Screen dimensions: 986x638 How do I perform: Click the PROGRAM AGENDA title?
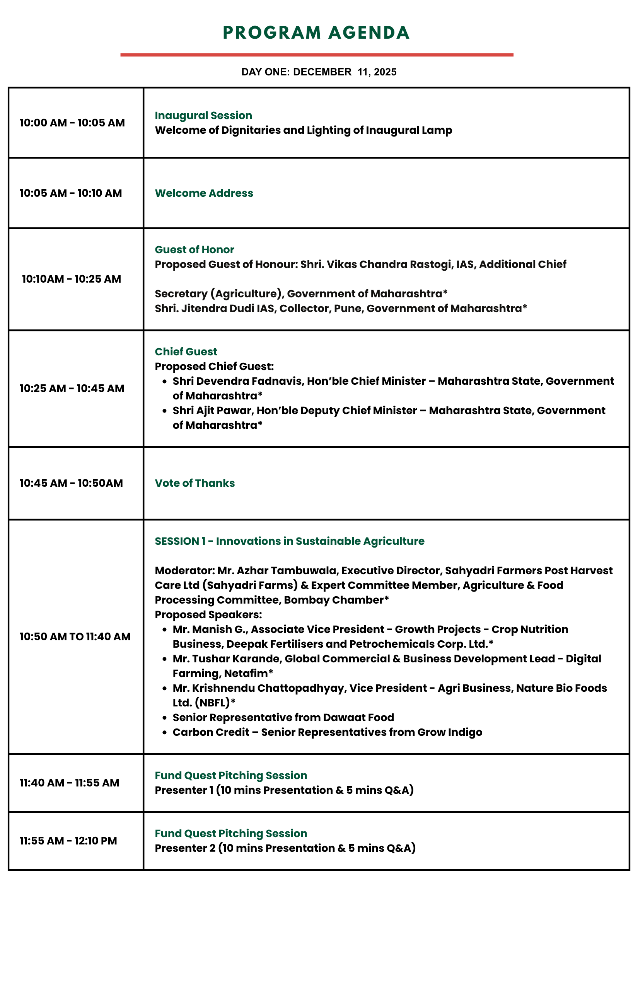[316, 33]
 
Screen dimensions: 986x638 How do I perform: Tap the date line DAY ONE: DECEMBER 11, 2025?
[319, 72]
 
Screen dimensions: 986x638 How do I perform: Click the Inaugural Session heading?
[203, 115]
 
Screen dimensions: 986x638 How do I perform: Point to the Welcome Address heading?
[204, 193]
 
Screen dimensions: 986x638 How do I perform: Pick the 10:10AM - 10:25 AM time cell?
[71, 279]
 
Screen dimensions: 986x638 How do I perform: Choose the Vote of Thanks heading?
[195, 483]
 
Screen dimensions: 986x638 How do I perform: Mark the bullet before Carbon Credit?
[165, 732]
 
